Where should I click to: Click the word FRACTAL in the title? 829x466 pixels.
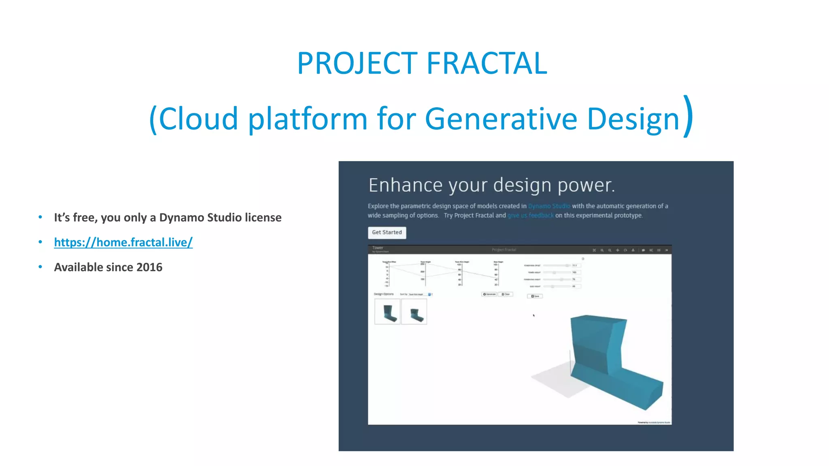(x=487, y=64)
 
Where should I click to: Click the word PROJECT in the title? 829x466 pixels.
(x=357, y=64)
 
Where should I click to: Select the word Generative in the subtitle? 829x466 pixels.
(x=501, y=119)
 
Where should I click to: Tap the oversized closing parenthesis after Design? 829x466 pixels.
(x=688, y=116)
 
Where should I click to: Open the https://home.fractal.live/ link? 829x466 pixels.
(x=123, y=242)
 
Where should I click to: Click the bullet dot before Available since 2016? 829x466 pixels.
(x=40, y=267)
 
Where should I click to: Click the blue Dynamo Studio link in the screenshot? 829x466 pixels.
(x=548, y=206)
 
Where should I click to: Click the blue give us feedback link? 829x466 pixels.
(x=530, y=216)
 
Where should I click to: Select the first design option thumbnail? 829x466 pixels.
(x=387, y=312)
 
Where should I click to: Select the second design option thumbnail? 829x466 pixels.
(x=414, y=312)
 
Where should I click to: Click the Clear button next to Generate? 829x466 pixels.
(x=506, y=294)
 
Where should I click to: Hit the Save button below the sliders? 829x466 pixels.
(x=535, y=296)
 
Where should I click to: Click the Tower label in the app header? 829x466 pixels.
(x=377, y=248)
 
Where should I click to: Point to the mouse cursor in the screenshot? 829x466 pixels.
(x=534, y=315)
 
